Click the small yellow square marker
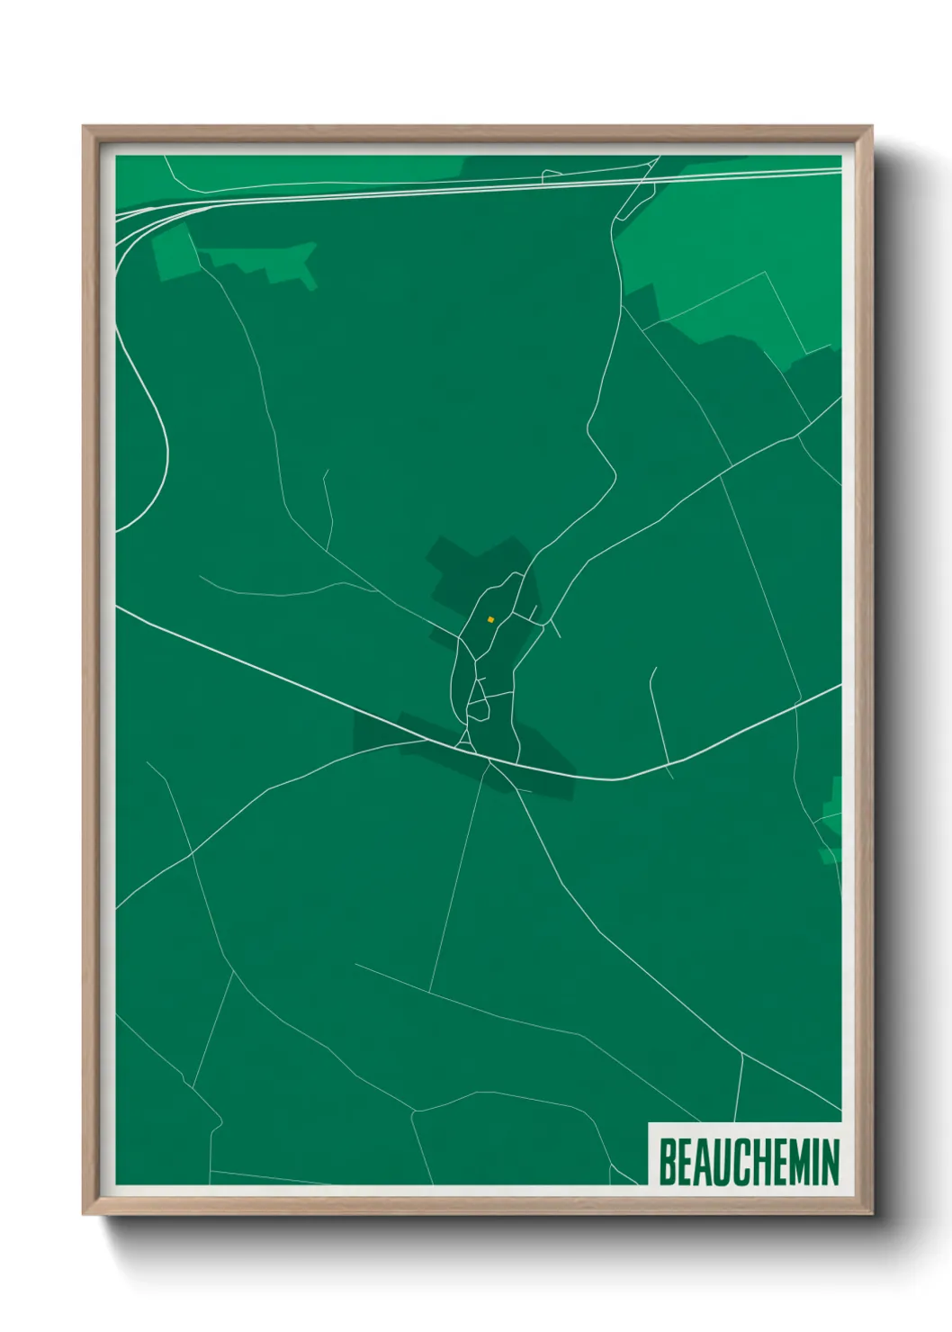(490, 619)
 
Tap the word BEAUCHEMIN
(749, 1162)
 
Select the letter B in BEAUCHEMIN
(668, 1162)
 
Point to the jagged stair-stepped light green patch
(270, 262)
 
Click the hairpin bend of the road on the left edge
(166, 450)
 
